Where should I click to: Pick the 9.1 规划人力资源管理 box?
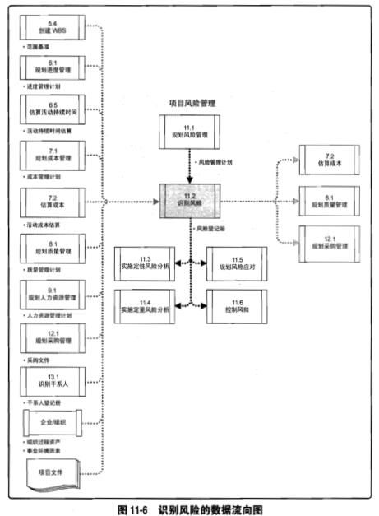coord(53,292)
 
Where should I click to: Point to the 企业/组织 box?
coord(53,425)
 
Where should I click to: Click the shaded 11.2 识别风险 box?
coord(190,200)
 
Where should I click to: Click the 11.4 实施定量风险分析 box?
coord(146,304)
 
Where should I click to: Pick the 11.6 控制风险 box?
coord(236,304)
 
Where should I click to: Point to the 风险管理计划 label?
coord(217,165)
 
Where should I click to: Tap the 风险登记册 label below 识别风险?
coord(211,227)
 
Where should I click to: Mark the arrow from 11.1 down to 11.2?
coord(190,165)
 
